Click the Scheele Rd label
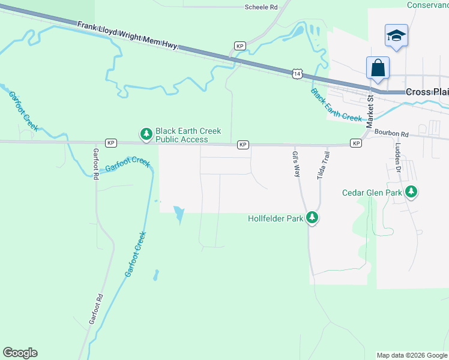coord(261,7)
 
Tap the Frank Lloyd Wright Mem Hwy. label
coord(128,36)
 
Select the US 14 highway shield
coord(297,74)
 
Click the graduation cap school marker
coord(396,35)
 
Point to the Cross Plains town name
coord(427,92)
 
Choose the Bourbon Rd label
coord(391,134)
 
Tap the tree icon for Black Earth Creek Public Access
coord(145,134)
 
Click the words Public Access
coord(181,139)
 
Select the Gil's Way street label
coord(296,164)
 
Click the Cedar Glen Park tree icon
coord(411,192)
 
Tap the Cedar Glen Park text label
coord(372,193)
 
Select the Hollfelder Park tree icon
coord(312,218)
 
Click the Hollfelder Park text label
coord(276,218)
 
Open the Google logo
coord(20,353)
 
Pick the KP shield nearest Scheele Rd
coord(240,46)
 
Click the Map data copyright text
coord(412,355)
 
